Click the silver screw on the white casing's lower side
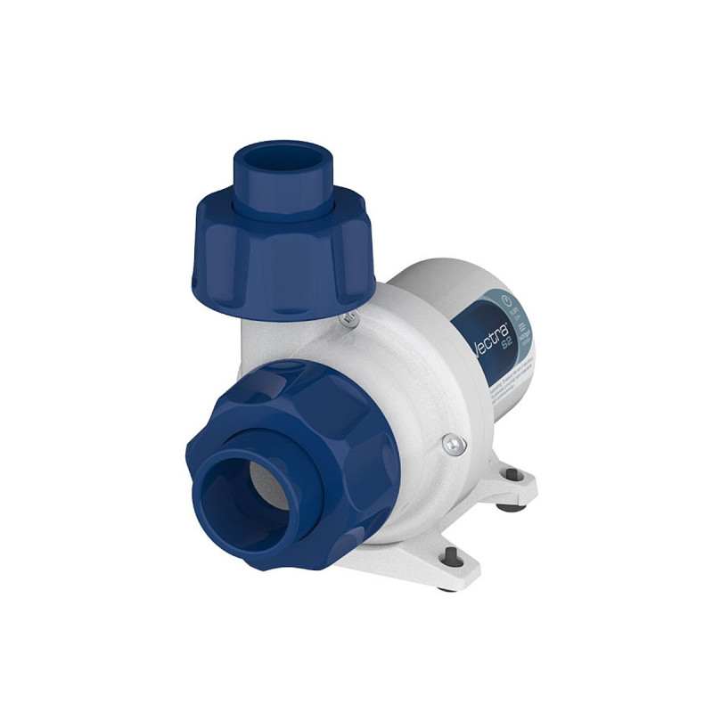click(453, 443)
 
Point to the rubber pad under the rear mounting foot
click(509, 507)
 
